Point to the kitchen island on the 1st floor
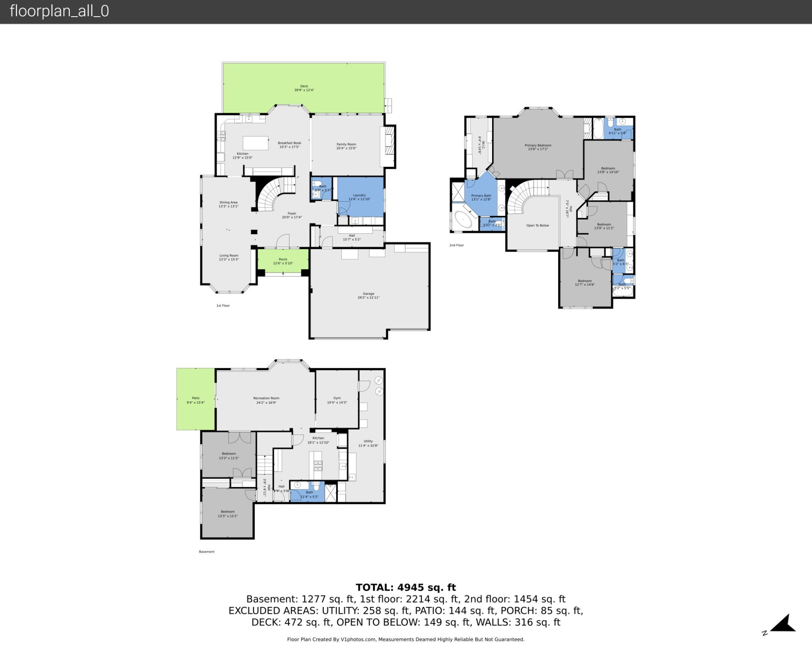coord(255,143)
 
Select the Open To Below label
coord(538,225)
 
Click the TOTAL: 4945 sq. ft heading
coord(406,587)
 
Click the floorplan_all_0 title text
coord(59,11)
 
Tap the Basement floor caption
coord(207,552)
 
